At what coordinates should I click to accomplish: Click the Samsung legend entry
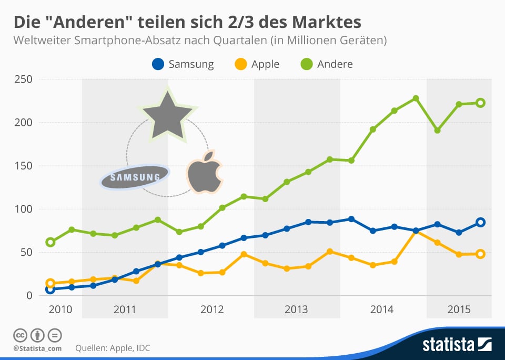click(x=183, y=64)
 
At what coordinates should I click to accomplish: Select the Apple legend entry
click(x=257, y=64)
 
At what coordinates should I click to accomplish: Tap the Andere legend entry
click(x=327, y=64)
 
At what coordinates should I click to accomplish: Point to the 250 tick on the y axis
click(x=23, y=79)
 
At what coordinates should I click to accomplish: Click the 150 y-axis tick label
click(x=23, y=166)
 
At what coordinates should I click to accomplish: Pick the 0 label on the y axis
click(x=29, y=295)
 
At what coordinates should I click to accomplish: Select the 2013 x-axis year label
click(x=296, y=309)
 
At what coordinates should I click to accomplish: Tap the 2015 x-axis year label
click(x=459, y=309)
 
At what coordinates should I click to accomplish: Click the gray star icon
click(x=167, y=114)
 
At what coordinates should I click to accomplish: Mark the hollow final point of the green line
click(x=480, y=103)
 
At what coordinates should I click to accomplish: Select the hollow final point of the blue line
click(x=480, y=222)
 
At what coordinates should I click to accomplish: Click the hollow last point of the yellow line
click(x=480, y=254)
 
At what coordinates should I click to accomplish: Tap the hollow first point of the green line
click(x=50, y=242)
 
